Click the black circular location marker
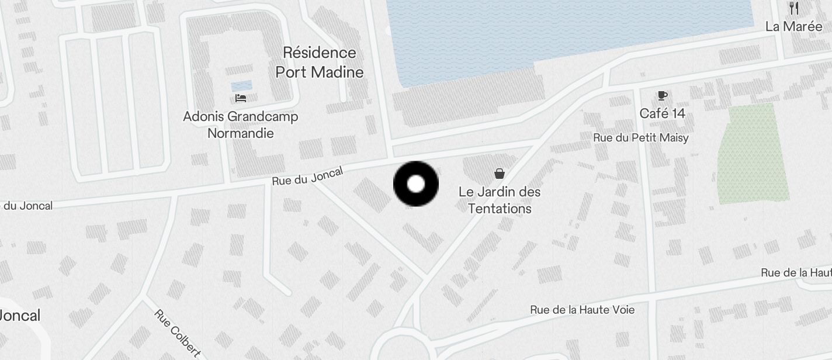click(x=415, y=184)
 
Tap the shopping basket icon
click(x=500, y=173)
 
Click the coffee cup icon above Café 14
click(x=662, y=96)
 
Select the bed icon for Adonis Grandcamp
click(x=241, y=98)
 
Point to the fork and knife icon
click(x=793, y=8)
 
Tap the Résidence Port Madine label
click(x=319, y=62)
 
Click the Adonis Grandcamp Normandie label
click(x=241, y=124)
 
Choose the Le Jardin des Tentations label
click(x=500, y=200)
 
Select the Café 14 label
click(x=662, y=113)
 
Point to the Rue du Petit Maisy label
click(x=640, y=138)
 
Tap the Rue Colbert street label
click(x=178, y=333)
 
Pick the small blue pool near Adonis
click(x=241, y=85)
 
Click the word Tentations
click(x=500, y=209)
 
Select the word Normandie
click(x=241, y=133)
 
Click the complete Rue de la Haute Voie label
click(x=582, y=310)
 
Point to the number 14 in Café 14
click(x=678, y=113)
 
